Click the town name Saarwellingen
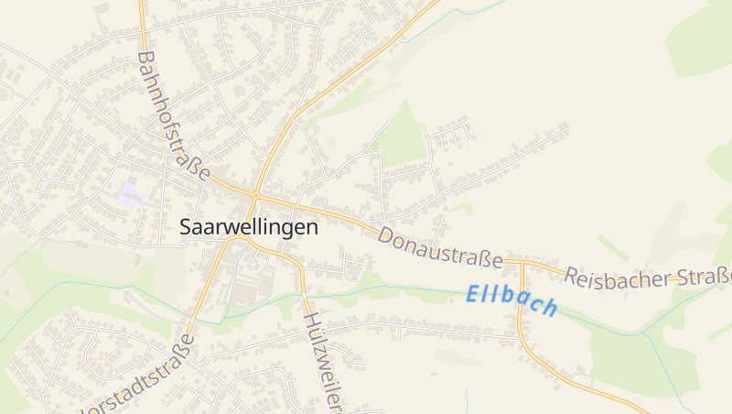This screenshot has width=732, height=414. pyautogui.click(x=249, y=226)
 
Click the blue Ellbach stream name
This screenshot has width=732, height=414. pyautogui.click(x=511, y=300)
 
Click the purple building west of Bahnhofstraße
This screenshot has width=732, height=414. pyautogui.click(x=132, y=193)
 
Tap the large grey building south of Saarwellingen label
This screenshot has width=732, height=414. pyautogui.click(x=245, y=294)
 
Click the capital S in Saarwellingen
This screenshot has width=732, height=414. pyautogui.click(x=187, y=226)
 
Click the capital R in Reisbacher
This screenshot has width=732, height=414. pyautogui.click(x=573, y=274)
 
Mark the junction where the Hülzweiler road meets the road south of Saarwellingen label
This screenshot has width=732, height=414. pyautogui.click(x=301, y=267)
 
